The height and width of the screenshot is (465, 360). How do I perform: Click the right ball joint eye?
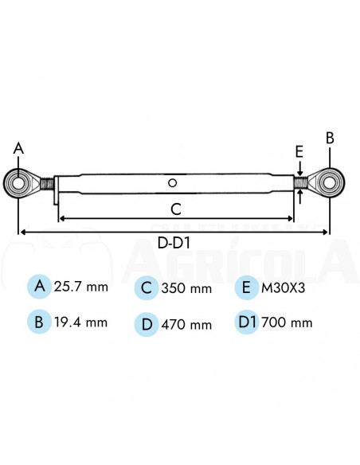tap(329, 182)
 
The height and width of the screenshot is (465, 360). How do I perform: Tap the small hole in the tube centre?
tap(173, 184)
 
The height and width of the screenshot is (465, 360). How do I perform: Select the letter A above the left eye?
tap(18, 148)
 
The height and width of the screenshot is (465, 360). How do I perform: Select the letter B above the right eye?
tap(330, 138)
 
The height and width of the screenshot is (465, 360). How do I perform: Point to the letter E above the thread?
tap(299, 151)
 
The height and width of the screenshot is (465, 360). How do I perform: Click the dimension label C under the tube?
tap(176, 209)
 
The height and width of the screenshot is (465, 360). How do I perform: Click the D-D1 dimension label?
tap(173, 241)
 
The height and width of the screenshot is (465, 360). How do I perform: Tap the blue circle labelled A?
tap(37, 286)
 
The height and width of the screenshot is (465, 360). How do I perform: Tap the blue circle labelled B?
tap(37, 322)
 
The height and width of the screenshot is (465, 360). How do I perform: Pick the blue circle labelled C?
tap(145, 287)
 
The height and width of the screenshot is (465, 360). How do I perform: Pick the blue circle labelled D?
tap(145, 323)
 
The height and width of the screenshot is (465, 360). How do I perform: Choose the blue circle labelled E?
tap(247, 287)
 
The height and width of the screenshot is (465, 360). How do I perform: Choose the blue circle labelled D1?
tap(247, 322)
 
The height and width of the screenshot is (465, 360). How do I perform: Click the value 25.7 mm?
tap(80, 287)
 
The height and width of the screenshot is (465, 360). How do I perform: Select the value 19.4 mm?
tap(80, 323)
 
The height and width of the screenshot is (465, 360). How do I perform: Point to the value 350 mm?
tap(186, 288)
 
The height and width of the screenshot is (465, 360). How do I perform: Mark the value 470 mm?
tap(186, 324)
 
